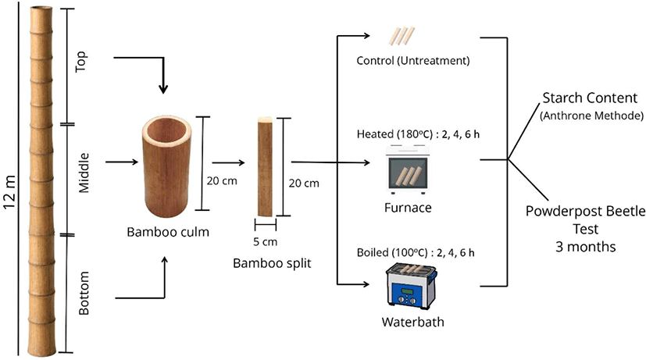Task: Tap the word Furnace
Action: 408,209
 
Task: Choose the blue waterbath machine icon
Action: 408,285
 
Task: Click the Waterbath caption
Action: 408,321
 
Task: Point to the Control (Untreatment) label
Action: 407,59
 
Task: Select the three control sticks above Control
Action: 402,37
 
